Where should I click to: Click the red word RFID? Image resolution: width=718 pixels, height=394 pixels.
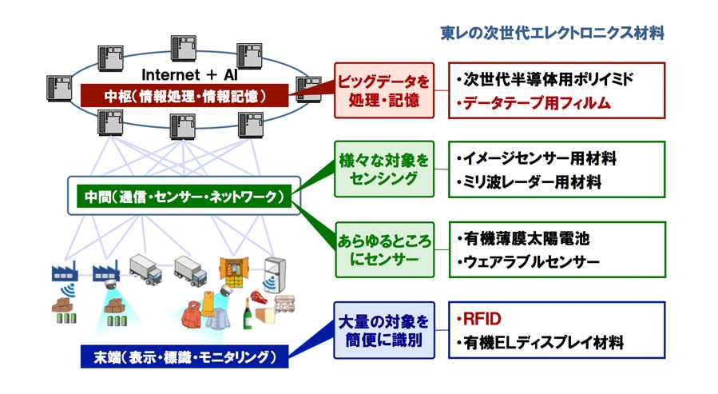click(482, 318)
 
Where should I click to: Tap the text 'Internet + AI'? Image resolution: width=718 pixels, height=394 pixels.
click(189, 74)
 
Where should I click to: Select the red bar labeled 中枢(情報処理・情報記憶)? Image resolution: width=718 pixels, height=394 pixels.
click(184, 96)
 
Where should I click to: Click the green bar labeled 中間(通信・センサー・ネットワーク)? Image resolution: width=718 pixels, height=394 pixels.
click(184, 197)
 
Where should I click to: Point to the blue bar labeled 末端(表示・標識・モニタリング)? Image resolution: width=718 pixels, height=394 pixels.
click(184, 356)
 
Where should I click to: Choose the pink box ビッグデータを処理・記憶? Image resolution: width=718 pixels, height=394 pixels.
click(384, 90)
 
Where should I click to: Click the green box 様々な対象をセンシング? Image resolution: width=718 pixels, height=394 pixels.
click(384, 169)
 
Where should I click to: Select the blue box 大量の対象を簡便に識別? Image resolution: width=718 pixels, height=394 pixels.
click(384, 330)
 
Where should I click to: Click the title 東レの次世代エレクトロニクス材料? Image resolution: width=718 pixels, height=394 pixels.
click(552, 33)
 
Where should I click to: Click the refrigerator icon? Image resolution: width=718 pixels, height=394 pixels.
click(276, 274)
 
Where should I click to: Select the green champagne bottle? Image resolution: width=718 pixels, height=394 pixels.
click(248, 314)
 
